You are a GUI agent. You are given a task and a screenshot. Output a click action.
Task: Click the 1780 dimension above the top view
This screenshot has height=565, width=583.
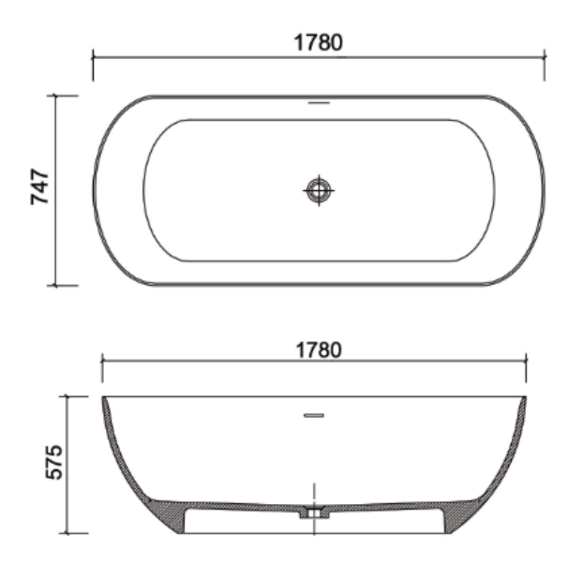click(x=319, y=42)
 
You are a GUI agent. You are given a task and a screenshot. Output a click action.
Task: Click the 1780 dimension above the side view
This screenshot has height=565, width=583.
click(x=319, y=350)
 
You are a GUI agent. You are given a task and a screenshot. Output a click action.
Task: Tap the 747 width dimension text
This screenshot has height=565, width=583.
click(x=39, y=186)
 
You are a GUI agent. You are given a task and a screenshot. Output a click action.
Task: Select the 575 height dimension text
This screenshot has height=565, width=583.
click(x=54, y=462)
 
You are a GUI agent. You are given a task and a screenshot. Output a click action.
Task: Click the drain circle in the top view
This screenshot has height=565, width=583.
click(x=319, y=190)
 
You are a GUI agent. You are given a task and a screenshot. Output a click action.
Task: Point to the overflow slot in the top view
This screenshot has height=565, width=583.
click(x=319, y=102)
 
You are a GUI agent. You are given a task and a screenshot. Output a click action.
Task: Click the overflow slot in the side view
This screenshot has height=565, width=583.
click(x=314, y=415)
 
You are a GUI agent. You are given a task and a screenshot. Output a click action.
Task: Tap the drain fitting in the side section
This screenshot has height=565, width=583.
click(x=315, y=513)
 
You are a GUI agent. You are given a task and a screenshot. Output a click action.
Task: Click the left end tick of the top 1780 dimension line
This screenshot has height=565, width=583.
click(x=93, y=57)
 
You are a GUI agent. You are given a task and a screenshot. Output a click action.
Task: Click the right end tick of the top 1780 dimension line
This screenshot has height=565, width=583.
click(x=545, y=56)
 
